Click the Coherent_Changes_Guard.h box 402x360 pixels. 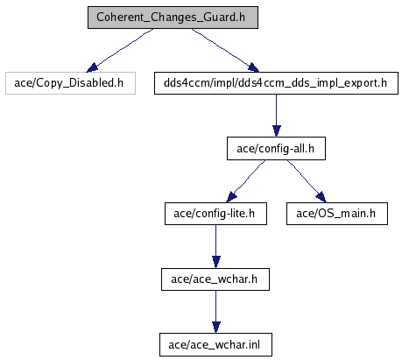[173, 18]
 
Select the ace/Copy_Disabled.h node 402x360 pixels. [70, 83]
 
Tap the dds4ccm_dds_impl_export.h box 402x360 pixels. [276, 83]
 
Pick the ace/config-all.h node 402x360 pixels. [276, 149]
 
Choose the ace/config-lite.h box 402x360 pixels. [215, 214]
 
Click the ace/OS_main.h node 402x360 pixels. [337, 214]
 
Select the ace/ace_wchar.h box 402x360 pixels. [215, 279]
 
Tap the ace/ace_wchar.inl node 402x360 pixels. [215, 345]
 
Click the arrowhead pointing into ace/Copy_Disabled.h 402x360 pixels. [92, 67]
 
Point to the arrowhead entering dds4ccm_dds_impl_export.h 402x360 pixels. [254, 67]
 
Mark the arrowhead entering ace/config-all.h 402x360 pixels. [277, 131]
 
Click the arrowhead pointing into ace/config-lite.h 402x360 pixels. [231, 197]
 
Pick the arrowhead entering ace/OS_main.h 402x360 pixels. [321, 197]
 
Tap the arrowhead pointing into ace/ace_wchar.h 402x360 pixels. [216, 262]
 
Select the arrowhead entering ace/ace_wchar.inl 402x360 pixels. [216, 328]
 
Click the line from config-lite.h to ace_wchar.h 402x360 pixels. [216, 241]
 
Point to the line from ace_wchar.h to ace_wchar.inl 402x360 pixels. [216, 306]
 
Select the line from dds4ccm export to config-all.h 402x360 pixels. [276, 109]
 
